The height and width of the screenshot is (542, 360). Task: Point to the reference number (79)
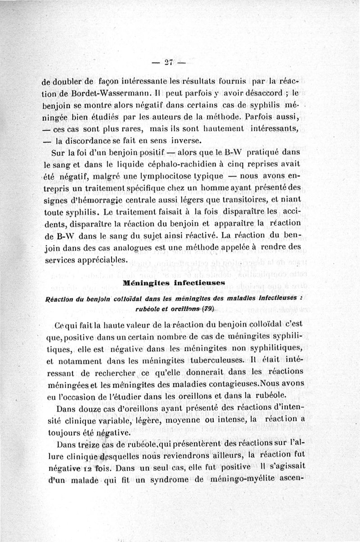point(207,309)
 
